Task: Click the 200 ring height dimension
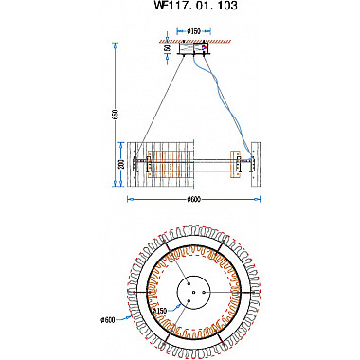pos(121,163)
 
